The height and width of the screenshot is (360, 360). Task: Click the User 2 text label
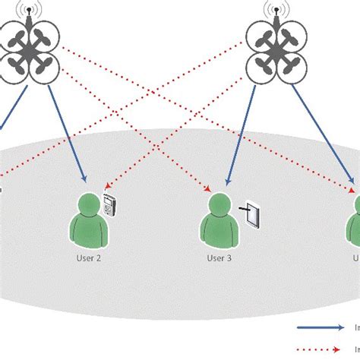coord(88,257)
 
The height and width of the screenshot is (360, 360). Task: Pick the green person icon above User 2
coord(88,221)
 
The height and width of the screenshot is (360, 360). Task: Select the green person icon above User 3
coord(219,221)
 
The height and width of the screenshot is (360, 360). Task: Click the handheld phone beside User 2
coord(111,207)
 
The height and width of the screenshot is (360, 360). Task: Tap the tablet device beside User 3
coord(256,215)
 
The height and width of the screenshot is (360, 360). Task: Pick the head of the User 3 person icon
coord(219,204)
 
